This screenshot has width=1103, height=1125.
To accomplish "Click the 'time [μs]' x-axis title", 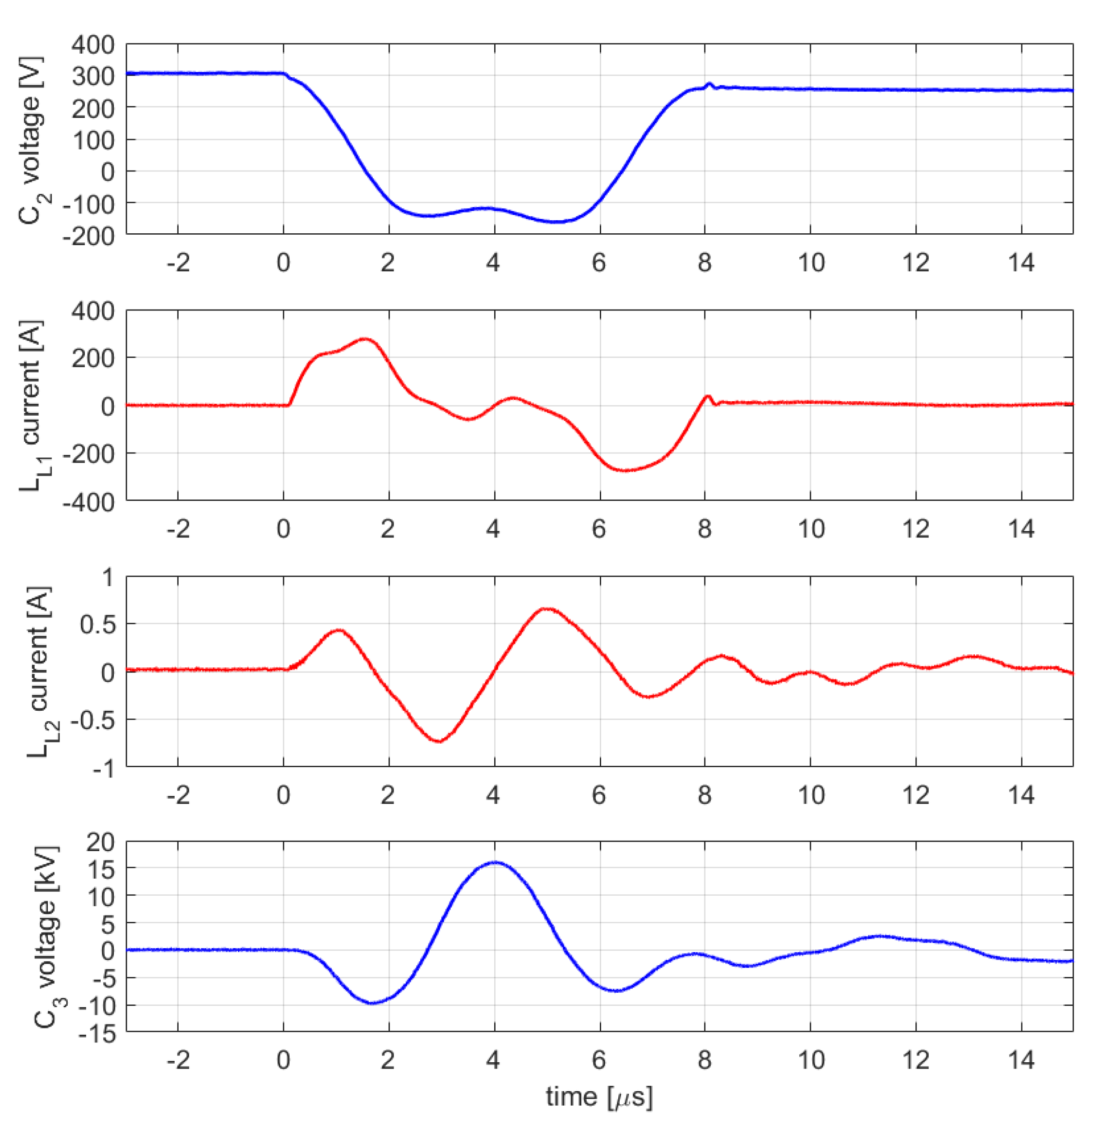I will pos(599,1097).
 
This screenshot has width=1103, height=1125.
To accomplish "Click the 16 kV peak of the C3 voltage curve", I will pos(495,862).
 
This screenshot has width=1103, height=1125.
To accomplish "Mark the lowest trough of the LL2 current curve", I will pos(440,741).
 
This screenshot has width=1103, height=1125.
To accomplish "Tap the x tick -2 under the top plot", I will pos(178,263).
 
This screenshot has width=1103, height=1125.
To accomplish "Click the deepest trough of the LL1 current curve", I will pos(626,470).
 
